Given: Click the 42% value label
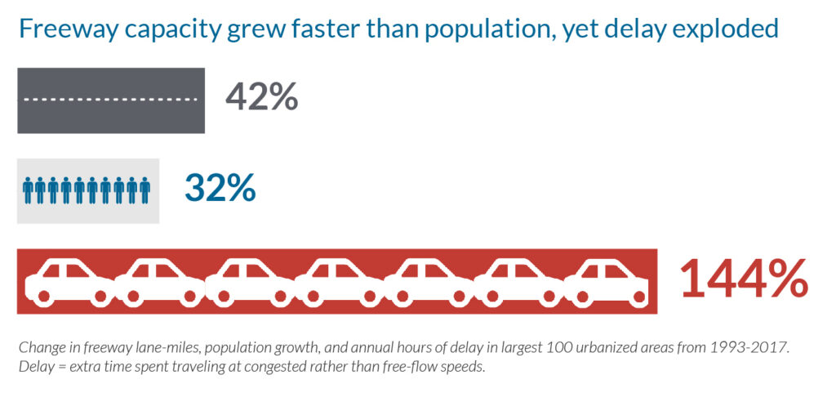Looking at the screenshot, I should click(261, 97).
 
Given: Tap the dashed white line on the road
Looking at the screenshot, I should click(111, 100).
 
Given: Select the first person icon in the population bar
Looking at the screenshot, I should click(29, 190).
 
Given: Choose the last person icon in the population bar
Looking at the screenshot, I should click(145, 190).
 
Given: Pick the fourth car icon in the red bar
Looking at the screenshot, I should click(338, 279).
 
